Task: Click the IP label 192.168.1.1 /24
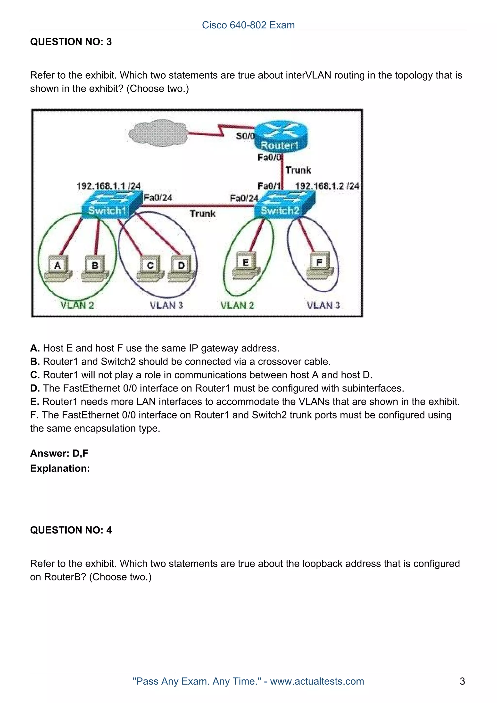(x=108, y=186)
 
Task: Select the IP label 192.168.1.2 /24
(x=327, y=186)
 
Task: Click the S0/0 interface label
(x=245, y=136)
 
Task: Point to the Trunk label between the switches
(x=202, y=213)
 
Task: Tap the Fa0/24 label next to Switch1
(x=158, y=198)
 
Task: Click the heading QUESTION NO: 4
(x=71, y=530)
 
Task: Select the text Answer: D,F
(x=59, y=453)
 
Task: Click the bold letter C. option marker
(x=35, y=375)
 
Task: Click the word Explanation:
(x=60, y=468)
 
